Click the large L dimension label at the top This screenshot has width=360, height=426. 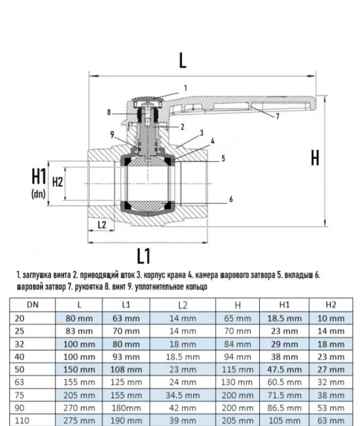183,60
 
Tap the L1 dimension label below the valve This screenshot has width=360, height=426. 143,256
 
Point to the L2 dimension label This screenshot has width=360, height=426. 102,225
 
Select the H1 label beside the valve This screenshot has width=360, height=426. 38,176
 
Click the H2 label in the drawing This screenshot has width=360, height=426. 58,182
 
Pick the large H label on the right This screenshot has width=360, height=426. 315,158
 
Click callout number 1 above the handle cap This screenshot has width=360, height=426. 185,88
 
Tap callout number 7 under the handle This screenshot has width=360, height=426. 277,116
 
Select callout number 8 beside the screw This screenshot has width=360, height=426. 109,112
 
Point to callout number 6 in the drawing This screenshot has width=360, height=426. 231,199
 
